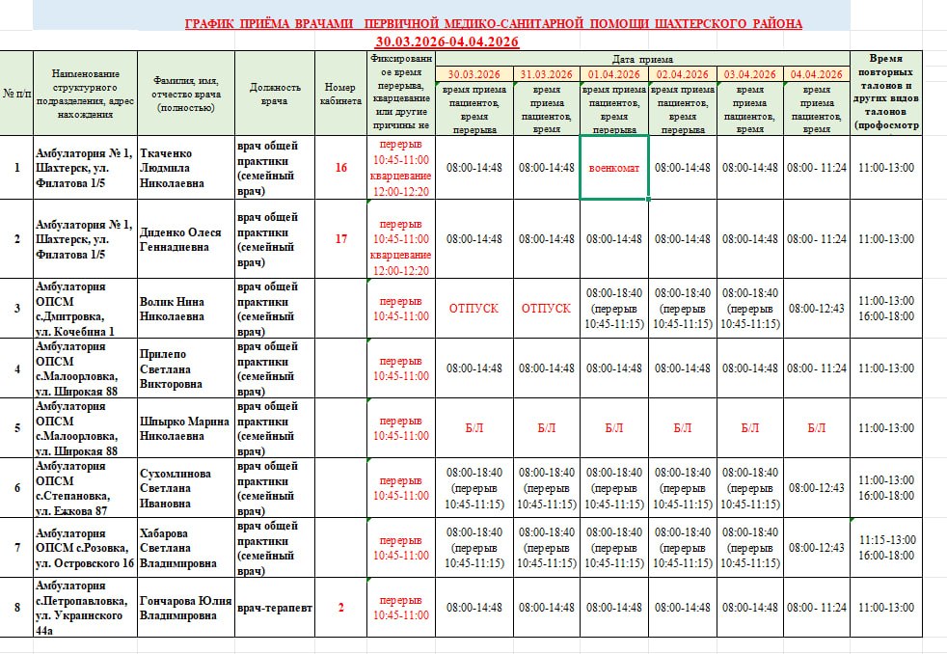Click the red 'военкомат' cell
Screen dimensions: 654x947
click(x=613, y=168)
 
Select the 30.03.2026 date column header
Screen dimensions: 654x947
click(x=473, y=74)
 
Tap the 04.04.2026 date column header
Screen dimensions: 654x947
click(x=816, y=74)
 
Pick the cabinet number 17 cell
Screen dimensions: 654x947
click(x=340, y=239)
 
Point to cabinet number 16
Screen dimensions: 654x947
click(x=340, y=168)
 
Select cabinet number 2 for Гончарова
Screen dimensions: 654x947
click(x=340, y=608)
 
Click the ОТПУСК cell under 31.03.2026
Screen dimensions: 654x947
click(x=546, y=309)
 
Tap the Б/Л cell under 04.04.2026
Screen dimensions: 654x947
click(x=816, y=428)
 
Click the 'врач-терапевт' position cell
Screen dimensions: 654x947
click(x=275, y=608)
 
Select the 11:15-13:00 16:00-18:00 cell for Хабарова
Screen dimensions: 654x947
click(x=885, y=548)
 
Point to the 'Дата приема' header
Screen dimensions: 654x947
click(x=642, y=60)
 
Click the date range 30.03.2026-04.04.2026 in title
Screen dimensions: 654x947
click(x=447, y=41)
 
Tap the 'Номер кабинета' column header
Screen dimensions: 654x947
click(x=340, y=94)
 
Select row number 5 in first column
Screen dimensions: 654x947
click(x=16, y=428)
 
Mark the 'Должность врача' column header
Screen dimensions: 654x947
click(x=275, y=94)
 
